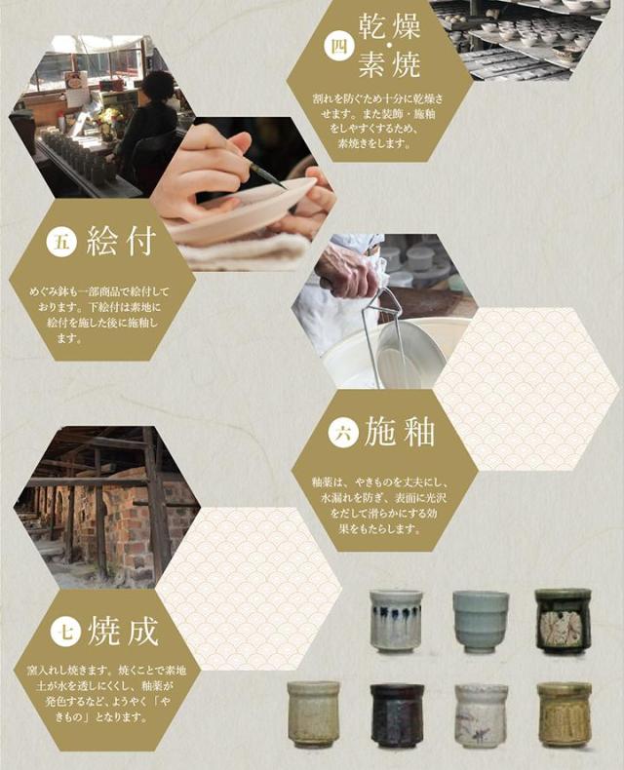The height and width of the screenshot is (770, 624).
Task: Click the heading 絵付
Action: click(121, 241)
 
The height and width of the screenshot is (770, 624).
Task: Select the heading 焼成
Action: click(123, 630)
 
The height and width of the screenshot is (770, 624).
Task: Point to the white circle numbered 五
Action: click(61, 242)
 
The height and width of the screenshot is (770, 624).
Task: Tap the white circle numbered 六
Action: click(343, 433)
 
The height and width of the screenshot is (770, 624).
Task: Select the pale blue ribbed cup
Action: click(481, 621)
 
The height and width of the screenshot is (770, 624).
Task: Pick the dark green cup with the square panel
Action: click(563, 621)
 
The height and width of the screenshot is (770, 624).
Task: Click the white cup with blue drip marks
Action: click(396, 621)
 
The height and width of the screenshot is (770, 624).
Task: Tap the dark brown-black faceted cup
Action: click(397, 713)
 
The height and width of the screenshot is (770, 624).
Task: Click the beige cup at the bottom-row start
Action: click(314, 713)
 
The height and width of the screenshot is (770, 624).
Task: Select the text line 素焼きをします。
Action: click(373, 144)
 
